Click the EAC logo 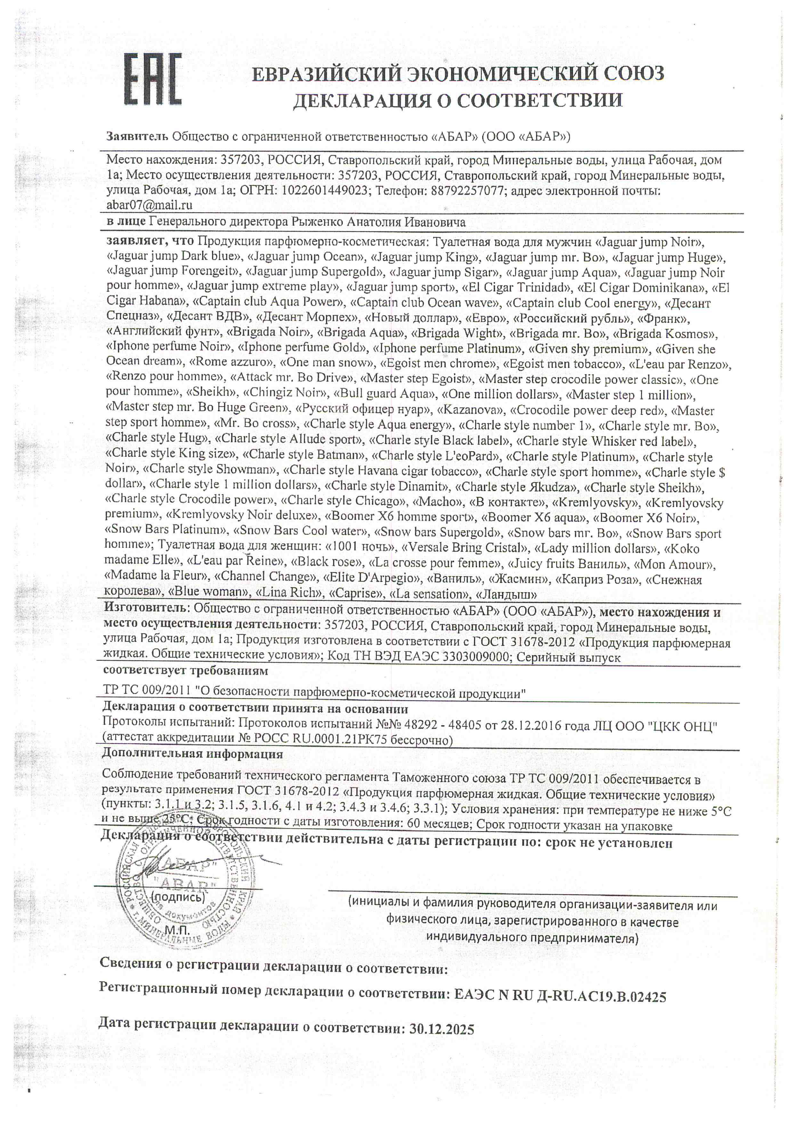point(152,80)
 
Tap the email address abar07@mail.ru point(149,205)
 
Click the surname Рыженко point(318,222)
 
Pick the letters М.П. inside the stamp point(177,929)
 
